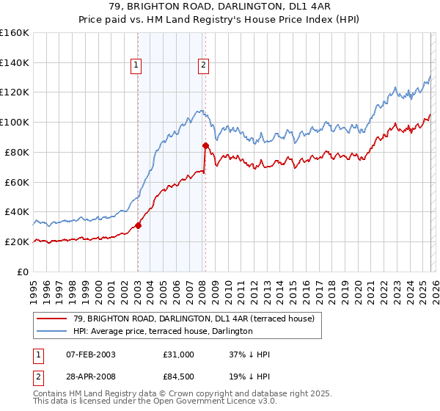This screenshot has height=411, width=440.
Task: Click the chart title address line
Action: (x=220, y=7)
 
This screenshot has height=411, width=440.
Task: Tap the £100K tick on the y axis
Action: (x=15, y=122)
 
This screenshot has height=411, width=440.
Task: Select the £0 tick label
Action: (x=23, y=272)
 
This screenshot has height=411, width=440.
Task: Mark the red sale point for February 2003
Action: (x=138, y=225)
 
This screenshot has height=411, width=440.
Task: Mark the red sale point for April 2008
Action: (x=206, y=145)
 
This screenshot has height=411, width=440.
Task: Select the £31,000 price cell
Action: (x=179, y=354)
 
